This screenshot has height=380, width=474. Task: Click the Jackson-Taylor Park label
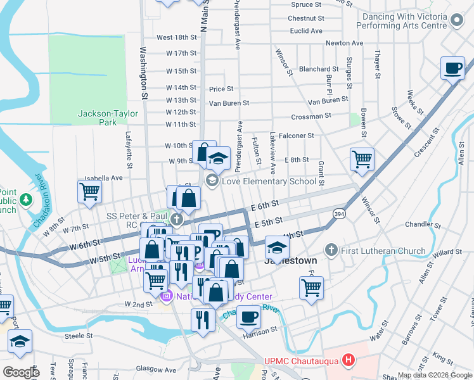pyautogui.click(x=98, y=118)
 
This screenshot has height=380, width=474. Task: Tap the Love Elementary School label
pyautogui.click(x=269, y=182)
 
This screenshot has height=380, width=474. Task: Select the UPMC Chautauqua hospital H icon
pyautogui.click(x=348, y=361)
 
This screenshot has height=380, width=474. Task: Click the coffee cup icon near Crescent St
pyautogui.click(x=452, y=68)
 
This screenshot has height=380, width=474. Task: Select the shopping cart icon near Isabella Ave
pyautogui.click(x=89, y=191)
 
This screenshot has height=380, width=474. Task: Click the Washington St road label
pyautogui.click(x=143, y=73)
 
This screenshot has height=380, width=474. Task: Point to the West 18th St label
pyautogui.click(x=177, y=38)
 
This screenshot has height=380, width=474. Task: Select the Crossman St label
pyautogui.click(x=311, y=117)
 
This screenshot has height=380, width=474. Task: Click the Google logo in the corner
pyautogui.click(x=21, y=372)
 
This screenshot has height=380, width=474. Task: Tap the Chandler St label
pyautogui.click(x=418, y=224)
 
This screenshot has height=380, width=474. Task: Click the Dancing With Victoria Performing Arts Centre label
pyautogui.click(x=411, y=22)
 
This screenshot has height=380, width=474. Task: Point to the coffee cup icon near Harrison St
pyautogui.click(x=248, y=316)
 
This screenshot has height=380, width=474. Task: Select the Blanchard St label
pyautogui.click(x=319, y=69)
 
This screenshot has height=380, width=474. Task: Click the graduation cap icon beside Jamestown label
pyautogui.click(x=277, y=246)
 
